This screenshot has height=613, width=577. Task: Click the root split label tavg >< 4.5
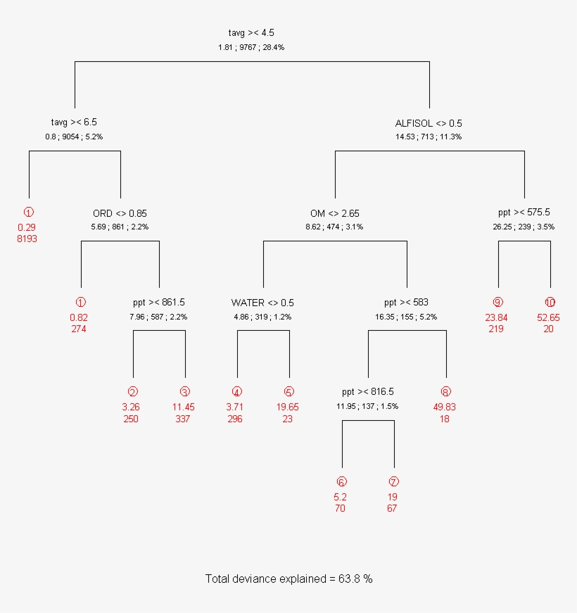251,33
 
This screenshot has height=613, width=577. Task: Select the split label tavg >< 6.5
74,122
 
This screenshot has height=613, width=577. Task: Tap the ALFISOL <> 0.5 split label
429,123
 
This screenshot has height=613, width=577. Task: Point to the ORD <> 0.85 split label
120,213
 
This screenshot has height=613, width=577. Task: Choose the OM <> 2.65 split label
335,213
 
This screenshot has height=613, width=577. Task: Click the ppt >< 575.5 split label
524,213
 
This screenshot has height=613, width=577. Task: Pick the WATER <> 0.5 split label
262,303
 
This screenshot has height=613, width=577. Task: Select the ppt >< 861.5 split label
159,303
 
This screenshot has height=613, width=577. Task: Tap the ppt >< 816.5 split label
367,392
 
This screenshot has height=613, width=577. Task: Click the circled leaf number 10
550,303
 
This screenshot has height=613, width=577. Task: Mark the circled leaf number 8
445,392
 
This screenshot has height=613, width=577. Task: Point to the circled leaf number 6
341,482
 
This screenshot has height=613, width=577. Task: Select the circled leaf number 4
236,392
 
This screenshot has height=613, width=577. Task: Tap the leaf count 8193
27,239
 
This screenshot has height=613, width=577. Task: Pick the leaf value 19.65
287,407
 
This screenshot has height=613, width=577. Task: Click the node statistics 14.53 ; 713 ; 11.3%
429,137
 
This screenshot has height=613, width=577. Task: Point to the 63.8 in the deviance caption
350,579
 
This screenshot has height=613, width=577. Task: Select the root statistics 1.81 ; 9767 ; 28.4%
251,47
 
